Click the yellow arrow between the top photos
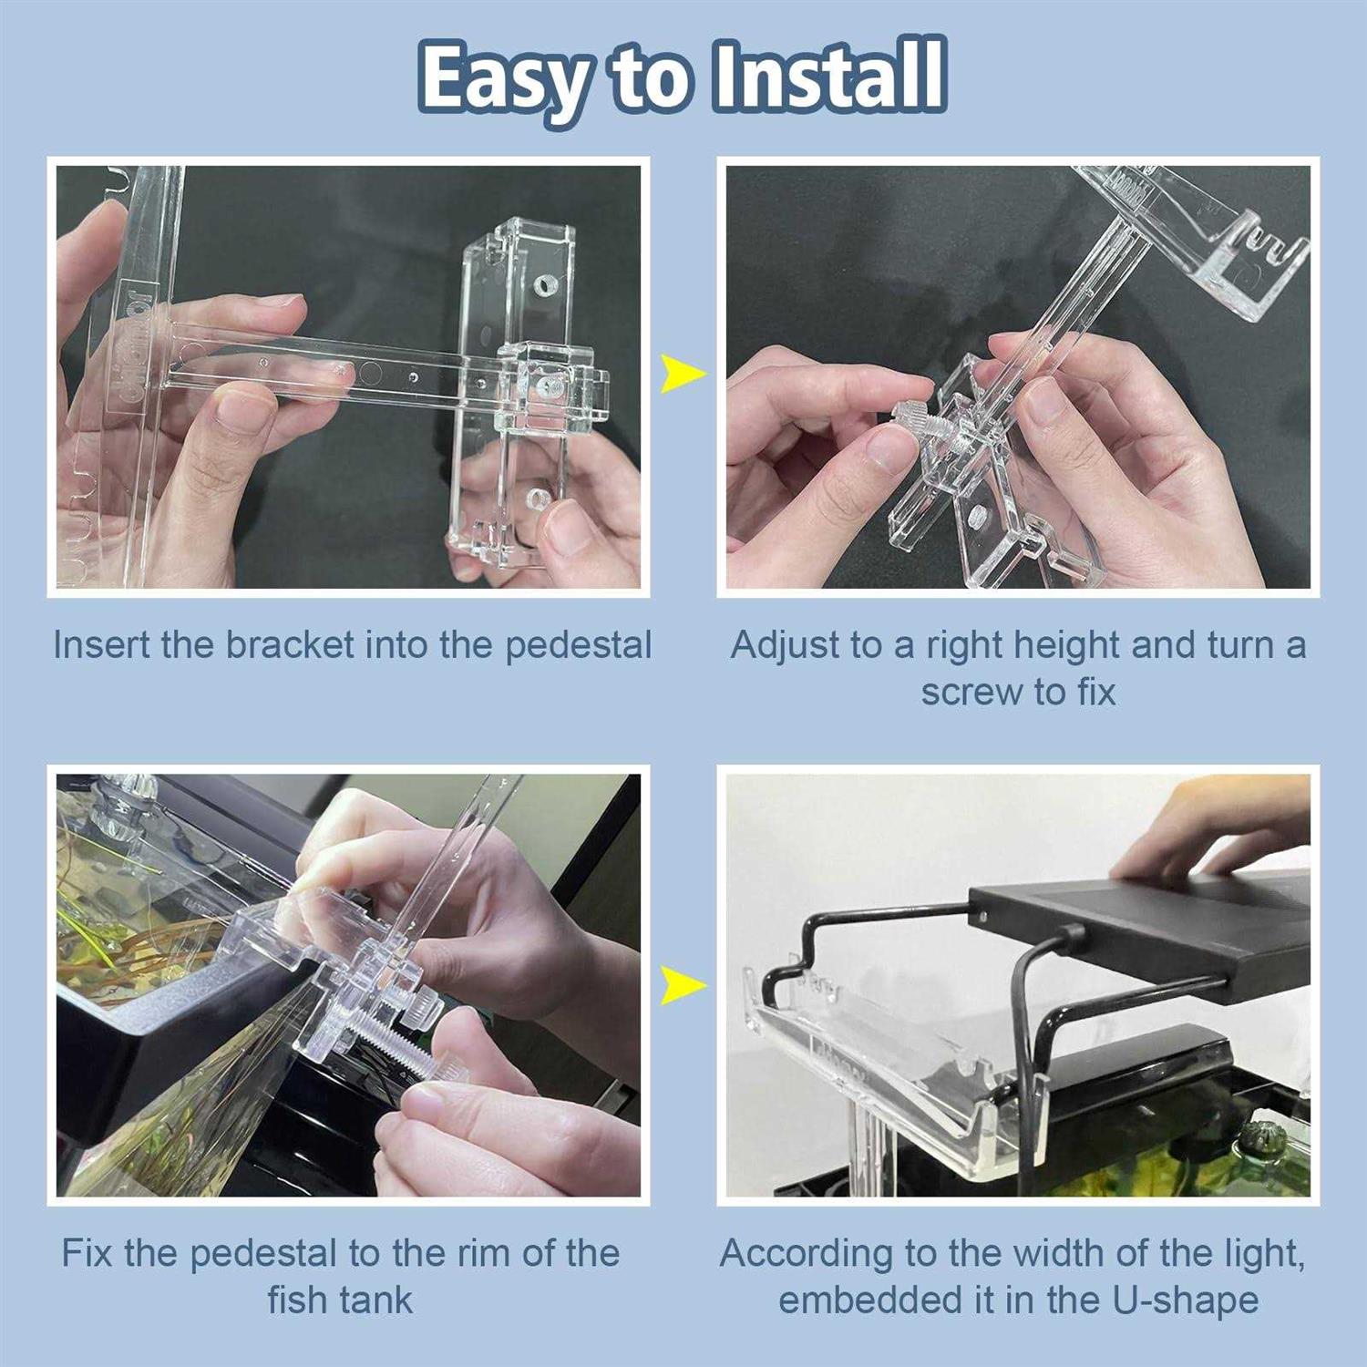tap(682, 374)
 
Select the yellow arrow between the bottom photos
tap(682, 985)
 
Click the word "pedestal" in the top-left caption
tap(579, 645)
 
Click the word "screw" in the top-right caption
tap(967, 693)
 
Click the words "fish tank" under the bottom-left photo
tap(340, 1300)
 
